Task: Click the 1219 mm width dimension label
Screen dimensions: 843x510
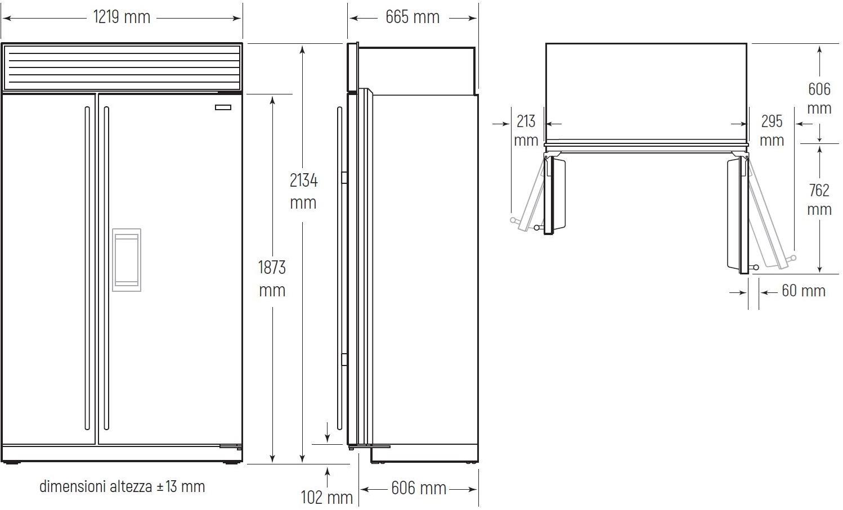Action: pyautogui.click(x=122, y=17)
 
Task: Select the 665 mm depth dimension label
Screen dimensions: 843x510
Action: pyautogui.click(x=412, y=17)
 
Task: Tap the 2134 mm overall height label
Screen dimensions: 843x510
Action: pyautogui.click(x=303, y=191)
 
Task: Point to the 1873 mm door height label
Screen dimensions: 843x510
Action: pyautogui.click(x=272, y=279)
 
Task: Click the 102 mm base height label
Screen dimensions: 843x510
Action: pyautogui.click(x=326, y=498)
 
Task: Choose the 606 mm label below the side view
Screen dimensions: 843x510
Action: pyautogui.click(x=419, y=488)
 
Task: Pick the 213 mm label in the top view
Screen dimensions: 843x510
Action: pyautogui.click(x=526, y=130)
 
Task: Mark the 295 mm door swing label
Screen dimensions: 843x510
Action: pyautogui.click(x=772, y=130)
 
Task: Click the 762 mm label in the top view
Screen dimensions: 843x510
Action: pyautogui.click(x=819, y=200)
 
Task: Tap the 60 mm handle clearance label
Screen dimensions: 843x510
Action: pyautogui.click(x=804, y=291)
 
